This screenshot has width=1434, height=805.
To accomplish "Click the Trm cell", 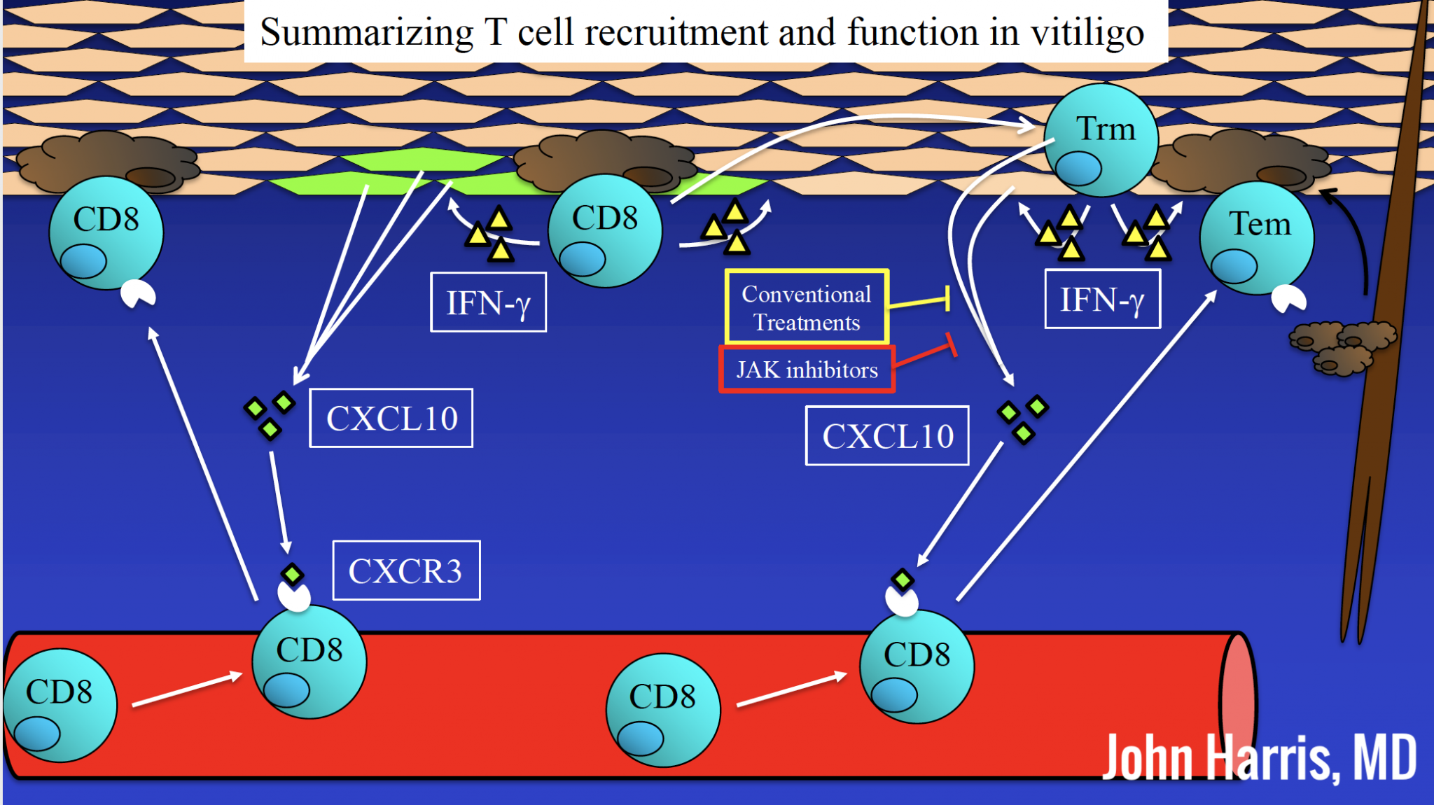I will (1101, 140).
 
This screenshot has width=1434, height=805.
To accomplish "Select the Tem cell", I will (1257, 238).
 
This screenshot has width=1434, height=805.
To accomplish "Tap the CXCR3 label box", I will (406, 570).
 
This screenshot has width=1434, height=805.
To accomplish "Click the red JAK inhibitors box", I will (807, 369).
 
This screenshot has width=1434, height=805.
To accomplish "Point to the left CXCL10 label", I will (391, 418).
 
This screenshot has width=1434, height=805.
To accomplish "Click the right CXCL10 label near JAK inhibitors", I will (887, 435).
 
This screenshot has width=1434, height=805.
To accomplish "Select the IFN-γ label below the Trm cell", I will (1102, 300).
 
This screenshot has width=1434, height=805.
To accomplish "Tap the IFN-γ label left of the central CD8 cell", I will (488, 302).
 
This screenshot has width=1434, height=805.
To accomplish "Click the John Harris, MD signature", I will (1259, 757).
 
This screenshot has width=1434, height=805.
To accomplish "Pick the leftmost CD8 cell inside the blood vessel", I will (60, 705).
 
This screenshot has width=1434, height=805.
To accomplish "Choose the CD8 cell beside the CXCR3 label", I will (309, 661).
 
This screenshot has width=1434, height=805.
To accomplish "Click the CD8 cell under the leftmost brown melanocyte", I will (106, 232).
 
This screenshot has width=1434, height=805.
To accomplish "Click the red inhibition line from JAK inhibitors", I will (924, 355).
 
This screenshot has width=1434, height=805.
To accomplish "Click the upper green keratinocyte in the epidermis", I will (422, 159).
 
